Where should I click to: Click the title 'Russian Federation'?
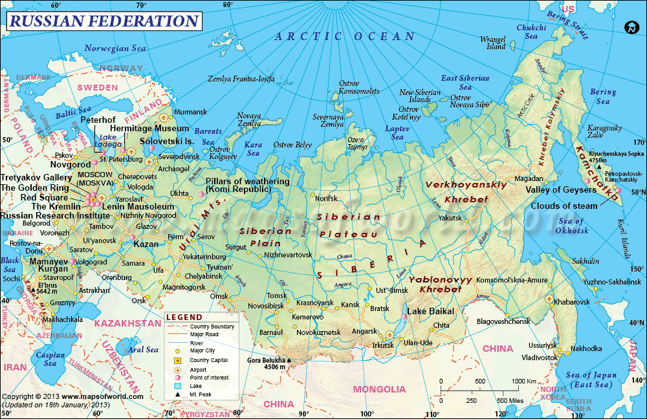tap(103, 21)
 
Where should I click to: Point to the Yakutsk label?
tap(450, 218)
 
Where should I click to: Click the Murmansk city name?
tap(191, 112)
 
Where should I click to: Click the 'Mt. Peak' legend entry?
tap(201, 394)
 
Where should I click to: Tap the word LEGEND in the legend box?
tap(184, 317)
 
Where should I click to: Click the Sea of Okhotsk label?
tap(571, 226)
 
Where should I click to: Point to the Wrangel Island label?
tap(493, 43)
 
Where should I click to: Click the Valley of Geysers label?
tap(561, 190)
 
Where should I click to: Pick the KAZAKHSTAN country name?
tap(127, 323)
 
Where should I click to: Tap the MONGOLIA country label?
tap(379, 389)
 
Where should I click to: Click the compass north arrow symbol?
tap(631, 27)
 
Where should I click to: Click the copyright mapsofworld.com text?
tap(72, 396)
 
